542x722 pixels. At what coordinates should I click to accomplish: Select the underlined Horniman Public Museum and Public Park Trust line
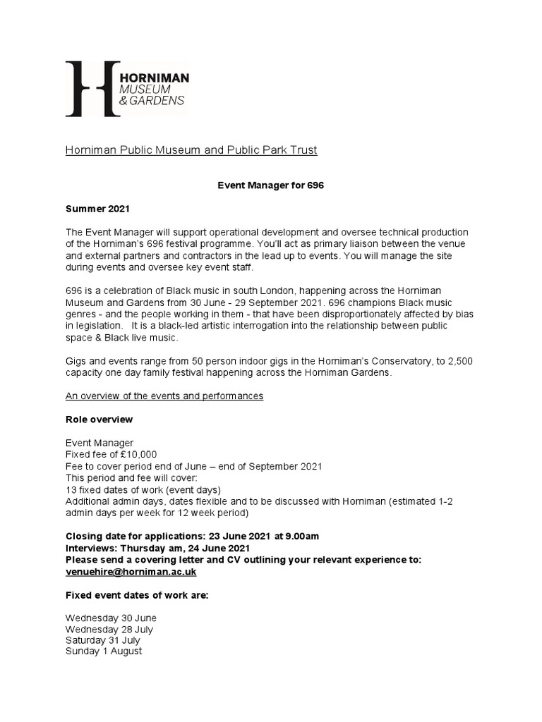pyautogui.click(x=191, y=149)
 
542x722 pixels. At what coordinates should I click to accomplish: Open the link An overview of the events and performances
pyautogui.click(x=164, y=396)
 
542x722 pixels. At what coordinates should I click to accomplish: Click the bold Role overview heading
pyautogui.click(x=99, y=420)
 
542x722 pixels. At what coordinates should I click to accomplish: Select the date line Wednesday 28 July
pyautogui.click(x=109, y=629)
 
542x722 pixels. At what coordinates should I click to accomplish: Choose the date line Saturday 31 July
pyautogui.click(x=103, y=640)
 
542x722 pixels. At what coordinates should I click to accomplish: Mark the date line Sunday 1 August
pyautogui.click(x=104, y=651)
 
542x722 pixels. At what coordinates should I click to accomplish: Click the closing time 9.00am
pyautogui.click(x=301, y=536)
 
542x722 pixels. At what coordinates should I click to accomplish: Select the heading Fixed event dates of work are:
pyautogui.click(x=137, y=595)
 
